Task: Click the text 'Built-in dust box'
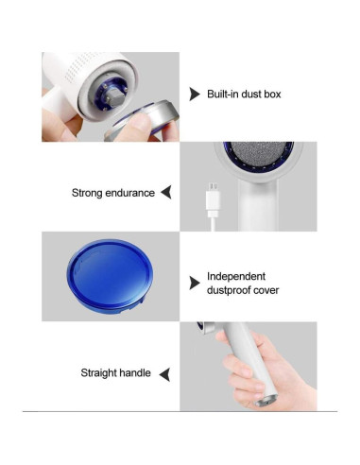coord(244,95)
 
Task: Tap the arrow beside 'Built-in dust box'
coord(194,94)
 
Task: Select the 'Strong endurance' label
coord(113,193)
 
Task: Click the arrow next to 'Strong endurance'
coord(166,192)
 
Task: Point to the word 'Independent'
coord(236,276)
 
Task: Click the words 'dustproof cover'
coord(243,290)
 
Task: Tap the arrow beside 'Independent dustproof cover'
coord(194,283)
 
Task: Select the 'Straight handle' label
coord(115,373)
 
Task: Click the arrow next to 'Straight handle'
coord(164,374)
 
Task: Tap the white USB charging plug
coord(213,200)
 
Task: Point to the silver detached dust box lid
coord(144,121)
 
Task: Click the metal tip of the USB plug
coord(213,186)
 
